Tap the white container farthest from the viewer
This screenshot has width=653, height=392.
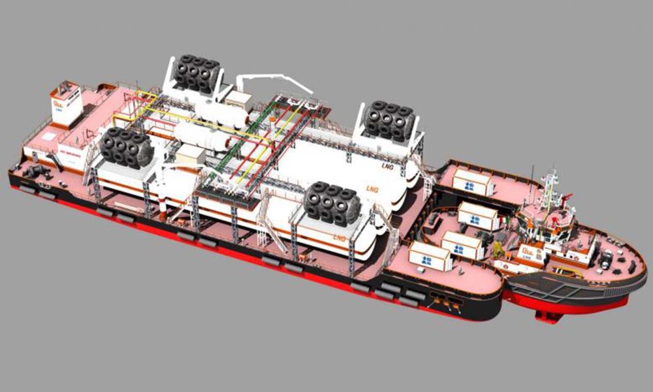pos(472,182)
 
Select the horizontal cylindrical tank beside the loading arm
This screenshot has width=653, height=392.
pos(222,112)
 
